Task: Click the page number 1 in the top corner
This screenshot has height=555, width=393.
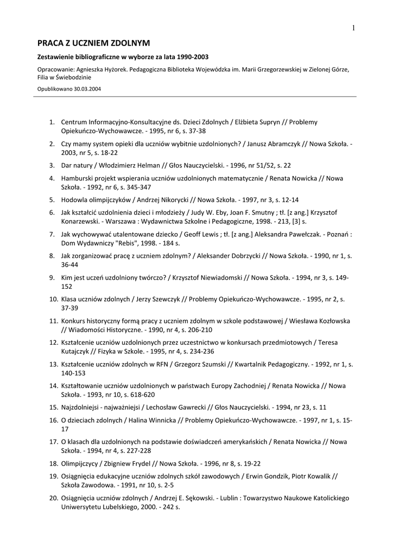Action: (x=353, y=28)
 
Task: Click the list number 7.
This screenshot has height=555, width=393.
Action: (x=52, y=235)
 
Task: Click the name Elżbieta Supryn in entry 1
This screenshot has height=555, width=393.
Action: (x=262, y=122)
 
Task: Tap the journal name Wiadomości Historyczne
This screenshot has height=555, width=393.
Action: (x=102, y=330)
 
